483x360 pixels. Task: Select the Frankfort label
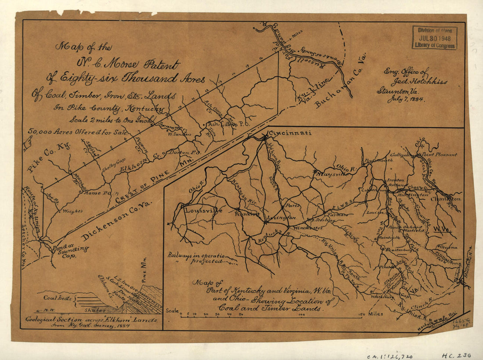click(x=247, y=215)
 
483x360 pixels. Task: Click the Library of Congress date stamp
click(x=434, y=38)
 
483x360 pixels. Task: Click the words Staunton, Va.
click(x=400, y=90)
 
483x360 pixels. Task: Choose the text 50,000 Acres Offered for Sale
click(x=78, y=131)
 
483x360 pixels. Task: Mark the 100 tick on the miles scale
click(x=301, y=314)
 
